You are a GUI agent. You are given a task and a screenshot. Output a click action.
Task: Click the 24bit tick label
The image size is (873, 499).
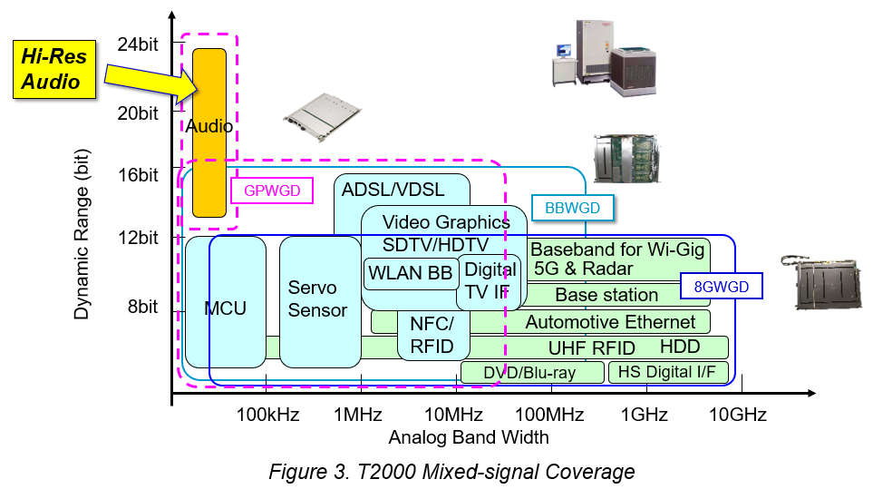pos(138,43)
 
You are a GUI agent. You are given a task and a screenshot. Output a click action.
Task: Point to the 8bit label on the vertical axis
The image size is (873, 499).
pos(141,307)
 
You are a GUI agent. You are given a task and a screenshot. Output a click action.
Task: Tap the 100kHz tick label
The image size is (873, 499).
pos(268,416)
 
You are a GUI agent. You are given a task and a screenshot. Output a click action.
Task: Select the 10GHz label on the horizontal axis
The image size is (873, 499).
pos(738,416)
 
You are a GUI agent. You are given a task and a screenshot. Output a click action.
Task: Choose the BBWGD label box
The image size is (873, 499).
pos(573,209)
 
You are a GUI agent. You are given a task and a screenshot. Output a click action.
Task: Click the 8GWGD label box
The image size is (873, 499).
pos(721,288)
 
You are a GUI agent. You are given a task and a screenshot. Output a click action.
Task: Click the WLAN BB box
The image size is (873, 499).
pos(409,273)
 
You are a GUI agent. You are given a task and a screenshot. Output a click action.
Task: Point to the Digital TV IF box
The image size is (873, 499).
pos(490,281)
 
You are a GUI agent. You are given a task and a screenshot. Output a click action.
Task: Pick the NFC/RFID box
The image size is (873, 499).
pos(433,336)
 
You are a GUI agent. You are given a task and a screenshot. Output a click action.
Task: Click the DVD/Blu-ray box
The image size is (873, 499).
pos(532,372)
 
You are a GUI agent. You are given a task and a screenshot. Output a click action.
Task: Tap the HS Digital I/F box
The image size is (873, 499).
pos(668,372)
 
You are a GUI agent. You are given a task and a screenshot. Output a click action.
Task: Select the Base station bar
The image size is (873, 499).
pos(606,295)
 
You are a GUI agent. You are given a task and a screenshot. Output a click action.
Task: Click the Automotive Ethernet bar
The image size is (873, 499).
pos(610,322)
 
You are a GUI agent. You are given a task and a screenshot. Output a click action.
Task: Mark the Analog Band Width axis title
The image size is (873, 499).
pos(469,437)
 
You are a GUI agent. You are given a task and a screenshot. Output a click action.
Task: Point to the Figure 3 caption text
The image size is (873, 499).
pos(451,472)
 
